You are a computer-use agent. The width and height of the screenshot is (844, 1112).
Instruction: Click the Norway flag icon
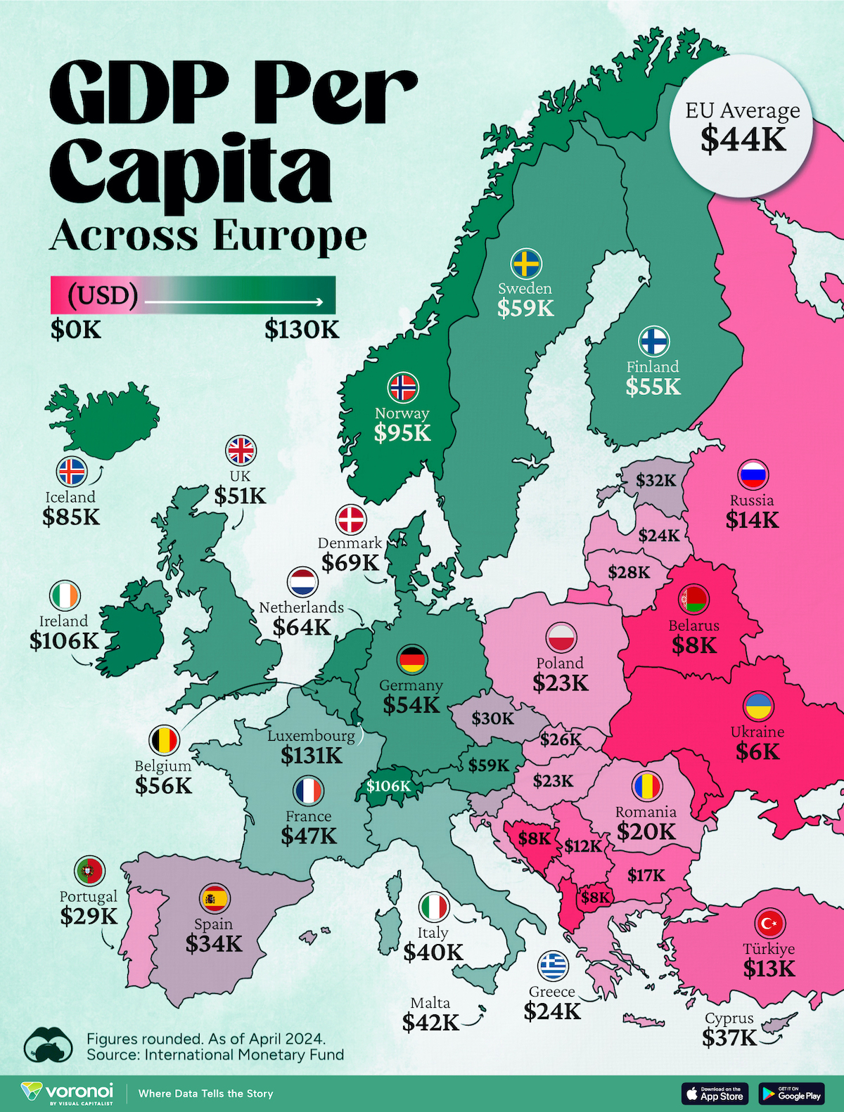tap(403, 387)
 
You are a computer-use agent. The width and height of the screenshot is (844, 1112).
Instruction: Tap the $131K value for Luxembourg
tap(311, 756)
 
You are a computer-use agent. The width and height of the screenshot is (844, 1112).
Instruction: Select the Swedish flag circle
tap(525, 264)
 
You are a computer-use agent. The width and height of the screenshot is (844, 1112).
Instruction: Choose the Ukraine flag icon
tap(759, 706)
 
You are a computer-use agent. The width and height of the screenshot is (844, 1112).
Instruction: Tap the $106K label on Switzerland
tap(388, 786)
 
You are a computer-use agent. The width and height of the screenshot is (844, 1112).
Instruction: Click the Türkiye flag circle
tap(769, 923)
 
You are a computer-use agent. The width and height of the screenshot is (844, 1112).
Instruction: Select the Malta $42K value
tap(430, 1023)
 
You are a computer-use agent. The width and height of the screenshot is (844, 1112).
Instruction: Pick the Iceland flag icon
tap(71, 472)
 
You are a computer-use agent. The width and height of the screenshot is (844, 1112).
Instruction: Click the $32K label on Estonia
tap(656, 481)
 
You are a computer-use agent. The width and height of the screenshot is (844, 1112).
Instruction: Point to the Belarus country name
tap(694, 626)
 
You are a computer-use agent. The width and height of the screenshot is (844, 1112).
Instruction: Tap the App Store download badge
tap(715, 1093)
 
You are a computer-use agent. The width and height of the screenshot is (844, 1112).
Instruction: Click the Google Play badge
tap(791, 1093)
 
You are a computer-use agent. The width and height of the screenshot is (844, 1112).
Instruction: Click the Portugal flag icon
tap(89, 872)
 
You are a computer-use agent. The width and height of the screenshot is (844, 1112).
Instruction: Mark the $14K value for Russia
tap(753, 520)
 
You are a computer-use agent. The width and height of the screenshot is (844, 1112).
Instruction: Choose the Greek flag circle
tap(553, 966)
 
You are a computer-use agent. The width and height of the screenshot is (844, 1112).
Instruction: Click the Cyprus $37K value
tap(729, 1037)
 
